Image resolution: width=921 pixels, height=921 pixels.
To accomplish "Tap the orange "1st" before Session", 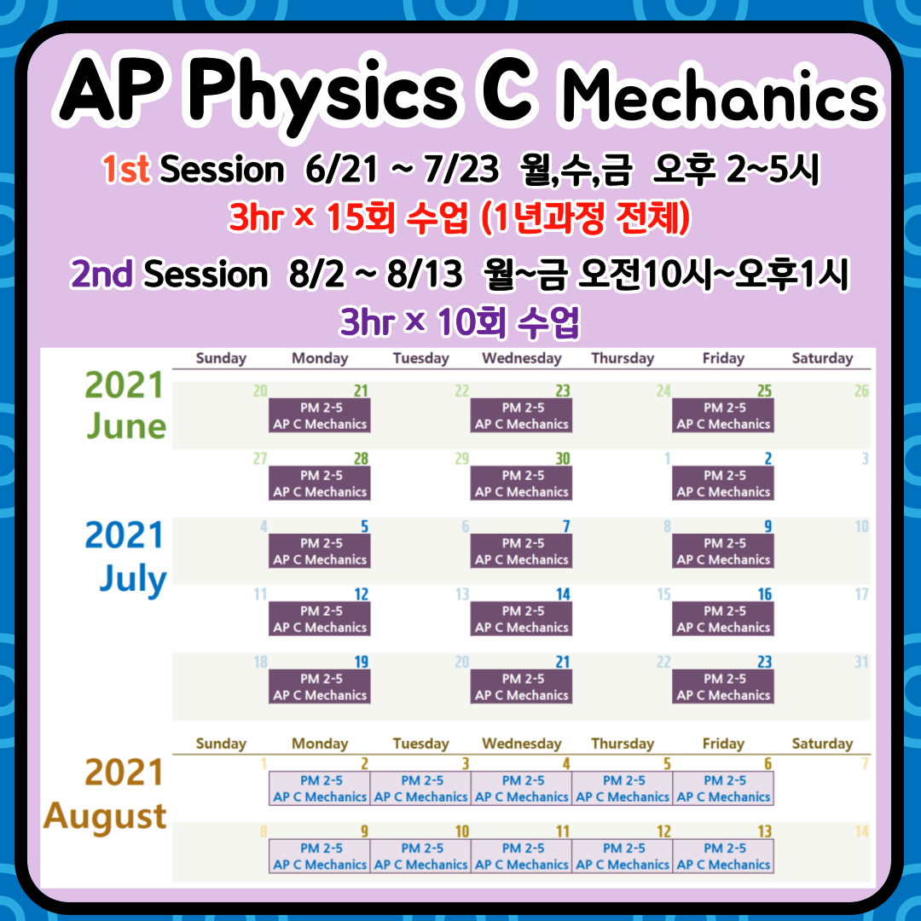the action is point(125,169).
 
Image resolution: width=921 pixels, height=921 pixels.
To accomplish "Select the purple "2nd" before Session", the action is point(101,274).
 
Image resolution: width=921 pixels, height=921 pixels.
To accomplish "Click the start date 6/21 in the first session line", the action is point(341,169).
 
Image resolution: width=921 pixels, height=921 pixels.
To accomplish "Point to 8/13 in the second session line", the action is point(425,274).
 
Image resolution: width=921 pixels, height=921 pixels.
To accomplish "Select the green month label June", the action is point(126,426).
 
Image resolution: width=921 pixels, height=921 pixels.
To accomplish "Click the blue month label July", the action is point(133,578).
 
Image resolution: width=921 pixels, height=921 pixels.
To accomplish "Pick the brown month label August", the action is point(105,816).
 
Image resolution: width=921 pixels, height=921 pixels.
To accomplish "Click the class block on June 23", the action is point(522,416).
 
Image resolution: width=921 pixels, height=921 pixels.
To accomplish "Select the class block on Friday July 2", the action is point(723,484).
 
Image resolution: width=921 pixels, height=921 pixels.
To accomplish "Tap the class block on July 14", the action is point(522,619).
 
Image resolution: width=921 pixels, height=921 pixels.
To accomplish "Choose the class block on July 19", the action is point(320,686).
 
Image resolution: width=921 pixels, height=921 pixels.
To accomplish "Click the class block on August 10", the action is point(420,856).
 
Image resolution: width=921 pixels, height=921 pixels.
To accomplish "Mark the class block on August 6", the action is point(723,788).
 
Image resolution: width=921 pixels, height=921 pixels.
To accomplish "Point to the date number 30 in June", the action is point(563,459).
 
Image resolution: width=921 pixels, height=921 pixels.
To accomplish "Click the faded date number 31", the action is point(861,662).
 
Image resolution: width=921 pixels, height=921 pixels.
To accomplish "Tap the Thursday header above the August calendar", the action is point(623,744).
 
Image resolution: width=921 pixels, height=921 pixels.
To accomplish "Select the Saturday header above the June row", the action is point(822,358).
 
